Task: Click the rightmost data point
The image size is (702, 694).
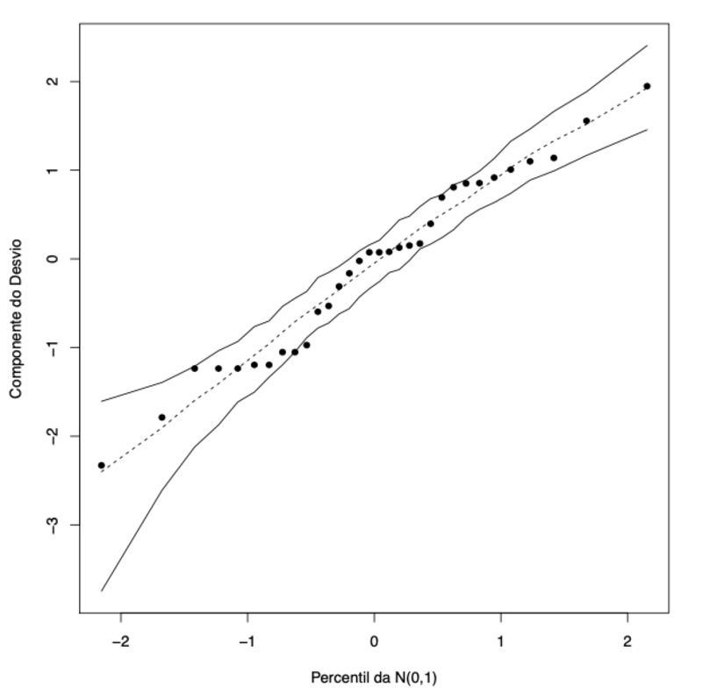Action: pyautogui.click(x=647, y=86)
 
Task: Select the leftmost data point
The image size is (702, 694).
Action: pyautogui.click(x=101, y=465)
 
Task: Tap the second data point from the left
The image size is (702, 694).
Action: pyautogui.click(x=161, y=418)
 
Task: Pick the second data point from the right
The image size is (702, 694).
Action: pyautogui.click(x=586, y=121)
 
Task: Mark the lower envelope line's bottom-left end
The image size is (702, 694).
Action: pyautogui.click(x=102, y=590)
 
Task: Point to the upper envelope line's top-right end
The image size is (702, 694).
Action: pyautogui.click(x=647, y=45)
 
